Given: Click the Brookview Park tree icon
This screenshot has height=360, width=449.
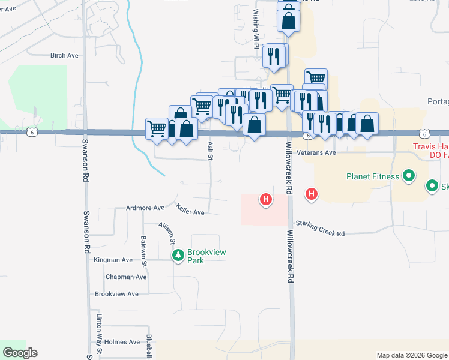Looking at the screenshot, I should click(x=178, y=256).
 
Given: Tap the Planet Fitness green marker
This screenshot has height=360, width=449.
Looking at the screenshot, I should click(x=409, y=176).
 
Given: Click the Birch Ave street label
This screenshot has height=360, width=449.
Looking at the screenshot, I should click(x=65, y=55).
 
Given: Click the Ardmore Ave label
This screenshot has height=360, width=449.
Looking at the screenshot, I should click(x=145, y=208).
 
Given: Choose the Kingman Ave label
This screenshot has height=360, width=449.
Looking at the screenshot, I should click(x=113, y=260).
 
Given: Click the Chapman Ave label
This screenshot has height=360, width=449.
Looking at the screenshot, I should click(x=126, y=277).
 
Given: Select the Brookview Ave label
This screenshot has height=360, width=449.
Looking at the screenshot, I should click(x=116, y=294).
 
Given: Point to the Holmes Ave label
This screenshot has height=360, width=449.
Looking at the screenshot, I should click(x=122, y=341).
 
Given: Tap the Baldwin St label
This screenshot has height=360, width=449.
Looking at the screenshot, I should click(x=143, y=251).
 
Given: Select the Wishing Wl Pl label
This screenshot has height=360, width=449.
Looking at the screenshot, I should click(x=256, y=23).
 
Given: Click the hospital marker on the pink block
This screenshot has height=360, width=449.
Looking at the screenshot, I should click(x=265, y=199).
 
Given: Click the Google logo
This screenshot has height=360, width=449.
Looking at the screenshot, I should click(x=20, y=353).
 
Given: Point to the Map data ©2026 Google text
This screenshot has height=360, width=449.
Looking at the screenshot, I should click(x=411, y=355).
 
